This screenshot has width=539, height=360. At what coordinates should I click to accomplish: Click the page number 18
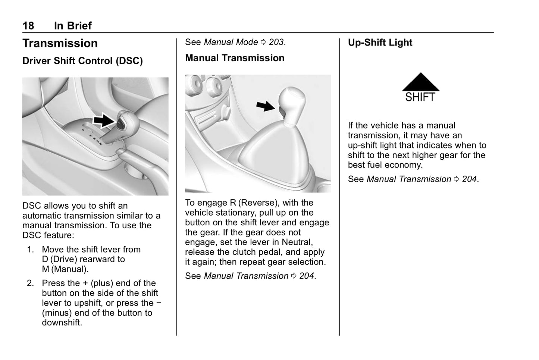click(28, 26)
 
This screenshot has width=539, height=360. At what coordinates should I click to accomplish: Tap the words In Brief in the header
click(73, 26)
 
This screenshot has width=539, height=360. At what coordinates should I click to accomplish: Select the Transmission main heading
click(60, 43)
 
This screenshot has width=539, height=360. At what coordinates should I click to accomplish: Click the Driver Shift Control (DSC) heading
click(82, 61)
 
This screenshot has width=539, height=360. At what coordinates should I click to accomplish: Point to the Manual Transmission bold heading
click(235, 58)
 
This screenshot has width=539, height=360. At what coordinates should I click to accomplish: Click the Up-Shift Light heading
click(380, 43)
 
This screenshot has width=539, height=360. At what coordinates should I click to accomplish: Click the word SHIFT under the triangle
click(420, 97)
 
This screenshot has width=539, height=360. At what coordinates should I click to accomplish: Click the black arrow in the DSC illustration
click(103, 120)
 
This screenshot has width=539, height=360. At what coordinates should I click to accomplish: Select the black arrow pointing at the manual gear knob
click(266, 106)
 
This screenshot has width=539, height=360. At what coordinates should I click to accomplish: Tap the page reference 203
click(276, 42)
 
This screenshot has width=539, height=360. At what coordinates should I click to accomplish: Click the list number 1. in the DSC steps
click(31, 250)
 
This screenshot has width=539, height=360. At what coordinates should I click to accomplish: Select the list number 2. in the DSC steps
click(31, 283)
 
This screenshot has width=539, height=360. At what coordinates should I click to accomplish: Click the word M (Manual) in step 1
click(65, 269)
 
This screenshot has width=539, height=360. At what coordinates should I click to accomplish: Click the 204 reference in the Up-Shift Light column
click(469, 179)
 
